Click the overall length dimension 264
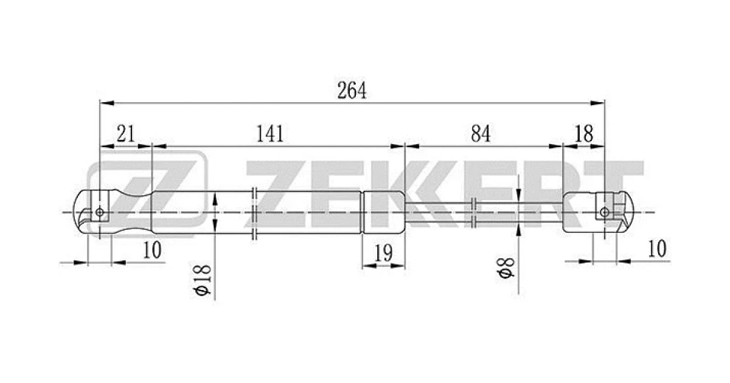[352, 91]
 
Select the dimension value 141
[270, 134]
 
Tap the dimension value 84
[481, 134]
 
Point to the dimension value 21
[125, 134]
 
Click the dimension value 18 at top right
[584, 134]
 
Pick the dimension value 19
[384, 253]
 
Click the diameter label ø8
[506, 268]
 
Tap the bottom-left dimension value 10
[152, 250]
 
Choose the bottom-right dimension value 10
[658, 249]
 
